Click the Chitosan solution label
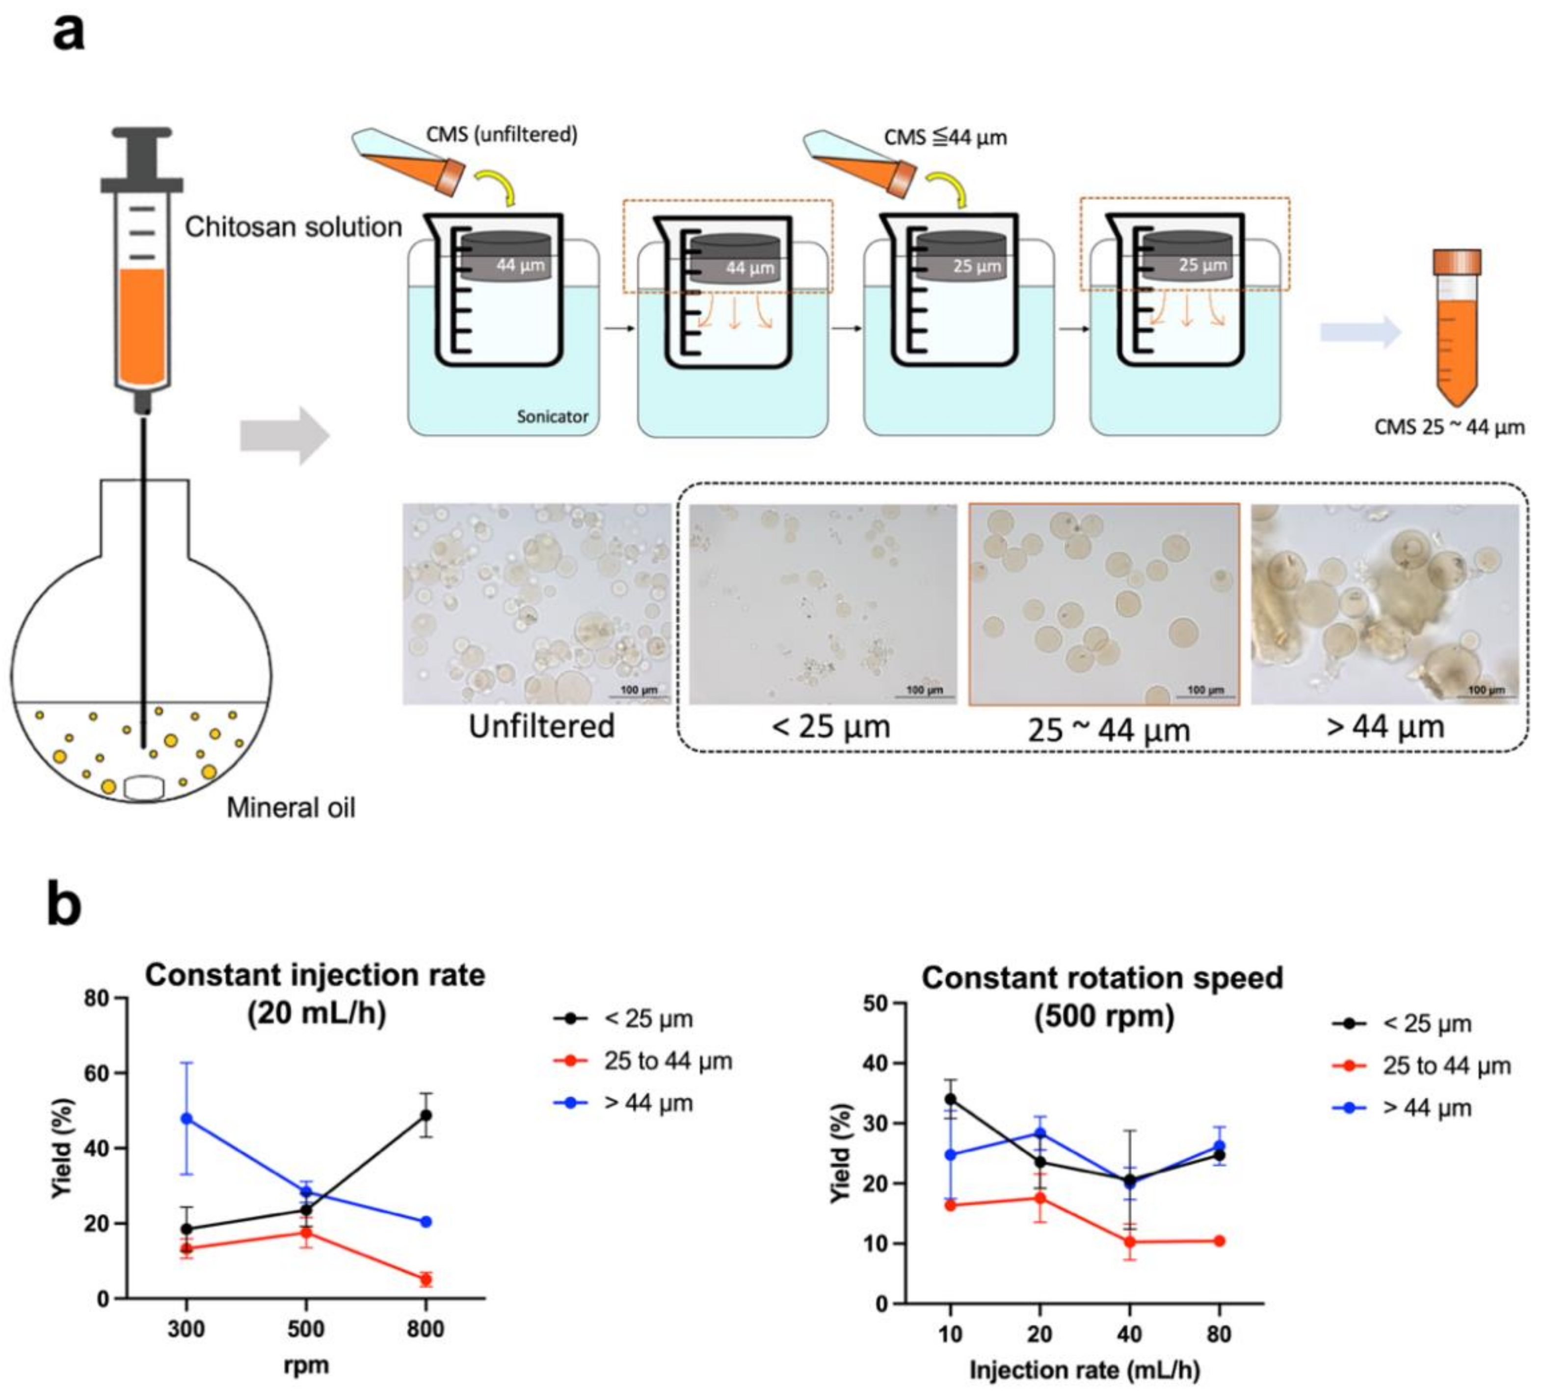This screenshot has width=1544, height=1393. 293,227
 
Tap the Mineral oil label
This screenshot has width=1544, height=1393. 291,808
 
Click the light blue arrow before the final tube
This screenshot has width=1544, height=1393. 1359,333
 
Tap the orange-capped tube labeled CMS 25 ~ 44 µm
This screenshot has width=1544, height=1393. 1457,329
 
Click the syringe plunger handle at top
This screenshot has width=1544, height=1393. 141,157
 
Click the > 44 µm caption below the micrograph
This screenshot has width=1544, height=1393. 1385,726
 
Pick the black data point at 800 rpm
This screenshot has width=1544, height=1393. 426,1115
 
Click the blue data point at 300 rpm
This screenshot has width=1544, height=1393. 186,1118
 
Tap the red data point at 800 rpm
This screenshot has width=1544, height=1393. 426,1279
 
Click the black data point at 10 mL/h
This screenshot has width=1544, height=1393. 950,1099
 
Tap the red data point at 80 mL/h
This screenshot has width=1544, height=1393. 1219,1241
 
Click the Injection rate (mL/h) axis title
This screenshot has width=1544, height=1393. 1084,1370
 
